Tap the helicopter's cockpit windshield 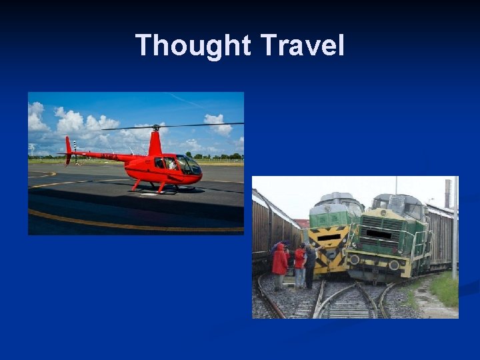(x=188, y=164)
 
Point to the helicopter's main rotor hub (x=155, y=127)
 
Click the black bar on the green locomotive (x=379, y=235)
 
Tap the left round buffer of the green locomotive (x=354, y=258)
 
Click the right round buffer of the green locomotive (x=395, y=265)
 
